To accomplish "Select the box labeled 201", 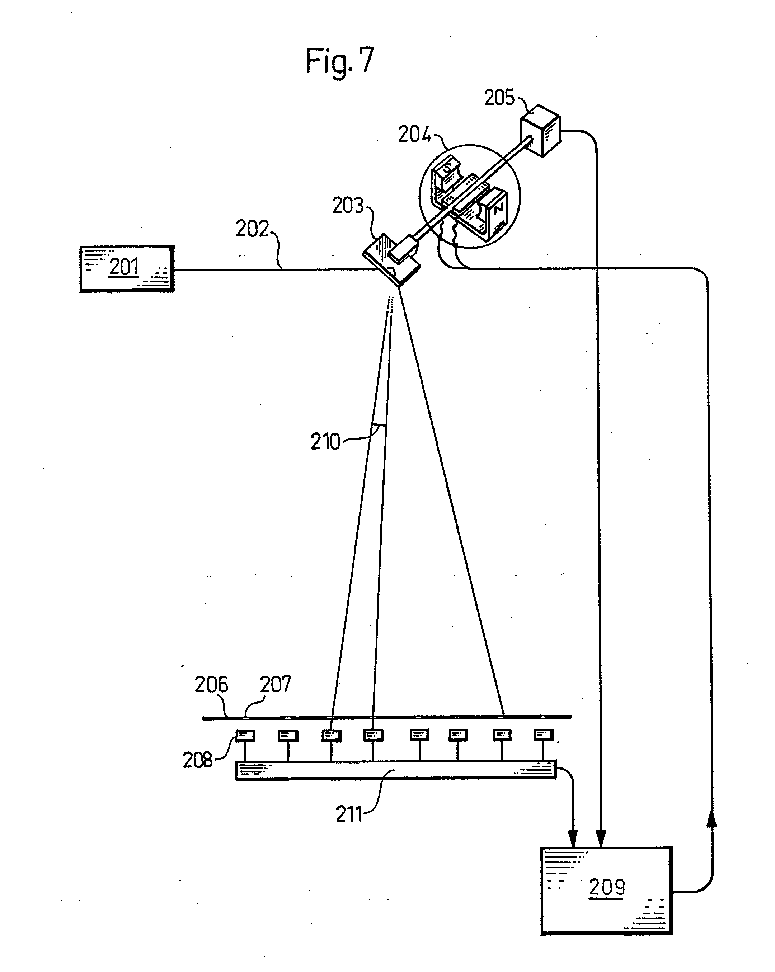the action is click(127, 269).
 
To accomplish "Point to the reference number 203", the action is click(348, 206).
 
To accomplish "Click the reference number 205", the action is click(499, 98).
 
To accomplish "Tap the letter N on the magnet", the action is click(498, 209).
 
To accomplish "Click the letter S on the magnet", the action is click(447, 169).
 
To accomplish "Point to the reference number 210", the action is click(325, 442).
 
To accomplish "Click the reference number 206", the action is click(211, 685).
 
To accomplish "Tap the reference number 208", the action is click(197, 761).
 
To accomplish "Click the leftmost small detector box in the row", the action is click(246, 736).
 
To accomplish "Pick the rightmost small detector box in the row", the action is click(544, 735).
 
